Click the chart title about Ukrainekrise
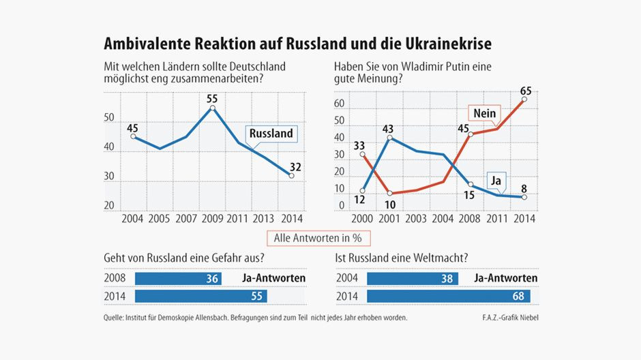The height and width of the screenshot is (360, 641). [297, 44]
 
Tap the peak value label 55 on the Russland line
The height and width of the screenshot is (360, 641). [212, 98]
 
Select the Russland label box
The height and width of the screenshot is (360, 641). [271, 134]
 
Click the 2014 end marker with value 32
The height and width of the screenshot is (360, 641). [291, 176]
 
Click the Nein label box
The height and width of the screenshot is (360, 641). [483, 113]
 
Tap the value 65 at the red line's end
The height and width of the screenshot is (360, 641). [526, 89]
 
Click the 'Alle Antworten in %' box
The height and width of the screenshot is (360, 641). [317, 238]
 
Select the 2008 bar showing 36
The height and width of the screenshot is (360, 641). [178, 278]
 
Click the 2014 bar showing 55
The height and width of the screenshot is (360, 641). [200, 297]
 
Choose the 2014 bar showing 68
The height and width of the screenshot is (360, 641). [452, 297]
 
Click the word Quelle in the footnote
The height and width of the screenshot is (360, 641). [117, 316]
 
